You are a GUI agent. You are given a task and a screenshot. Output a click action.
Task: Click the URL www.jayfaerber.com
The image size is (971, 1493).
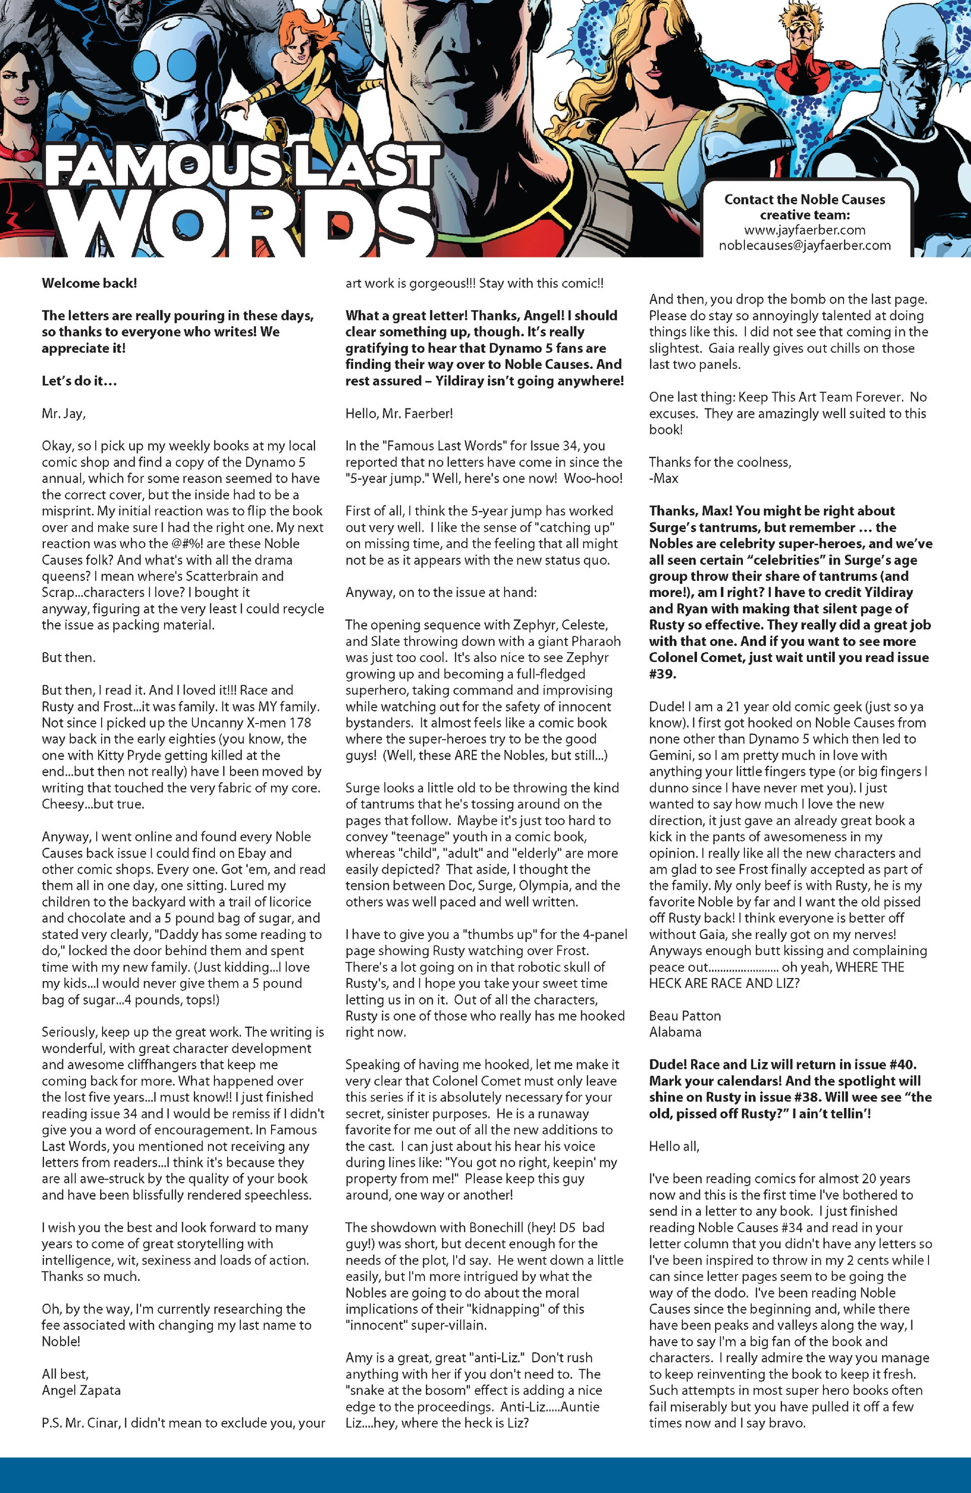point(804,230)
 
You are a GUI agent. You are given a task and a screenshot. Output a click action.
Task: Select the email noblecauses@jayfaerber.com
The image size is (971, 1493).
point(804,245)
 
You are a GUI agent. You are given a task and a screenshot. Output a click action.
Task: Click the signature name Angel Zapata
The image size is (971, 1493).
point(81,1390)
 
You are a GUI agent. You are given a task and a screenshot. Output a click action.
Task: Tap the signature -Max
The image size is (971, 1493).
point(664,479)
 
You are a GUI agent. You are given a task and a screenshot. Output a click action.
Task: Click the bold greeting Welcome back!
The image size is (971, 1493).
point(89,283)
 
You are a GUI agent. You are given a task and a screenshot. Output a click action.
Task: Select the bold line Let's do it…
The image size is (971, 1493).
point(79,381)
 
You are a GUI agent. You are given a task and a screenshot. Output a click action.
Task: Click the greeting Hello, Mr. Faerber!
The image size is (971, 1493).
point(399,413)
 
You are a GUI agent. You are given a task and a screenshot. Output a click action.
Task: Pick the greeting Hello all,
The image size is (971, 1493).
point(674,1146)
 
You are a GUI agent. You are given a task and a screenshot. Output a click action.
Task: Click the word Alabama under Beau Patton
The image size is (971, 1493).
point(675,1032)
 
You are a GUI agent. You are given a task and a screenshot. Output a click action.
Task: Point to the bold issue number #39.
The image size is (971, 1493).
point(662,674)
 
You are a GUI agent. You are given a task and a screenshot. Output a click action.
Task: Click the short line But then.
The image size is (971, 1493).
point(68,657)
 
